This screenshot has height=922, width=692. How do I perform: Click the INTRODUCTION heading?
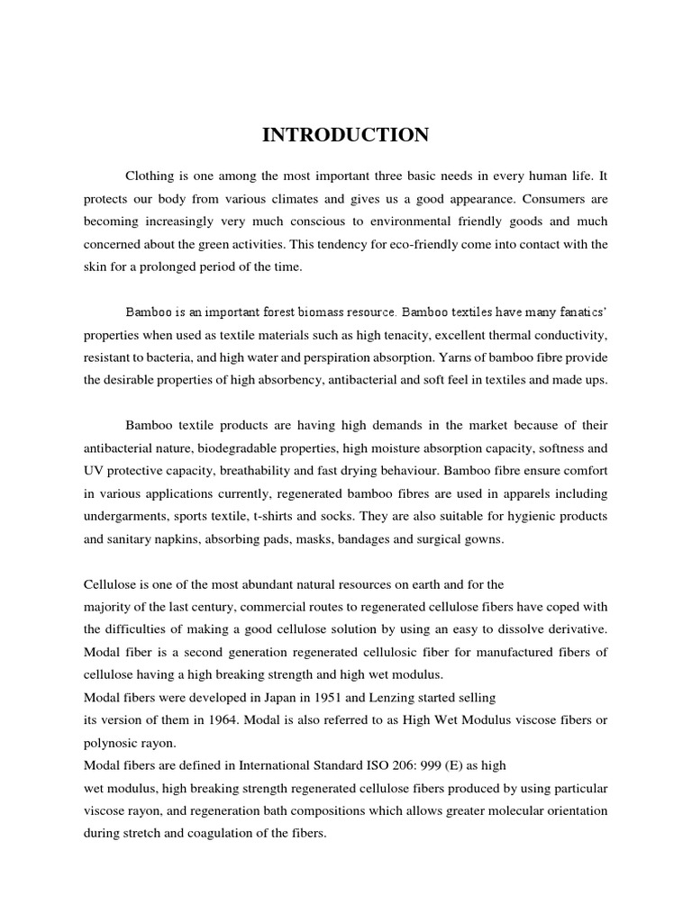pos(346,136)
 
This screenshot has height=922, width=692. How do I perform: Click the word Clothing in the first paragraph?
pos(150,176)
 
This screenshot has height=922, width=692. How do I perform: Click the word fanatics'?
pos(581,312)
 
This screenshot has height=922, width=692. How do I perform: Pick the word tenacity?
pos(420,335)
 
